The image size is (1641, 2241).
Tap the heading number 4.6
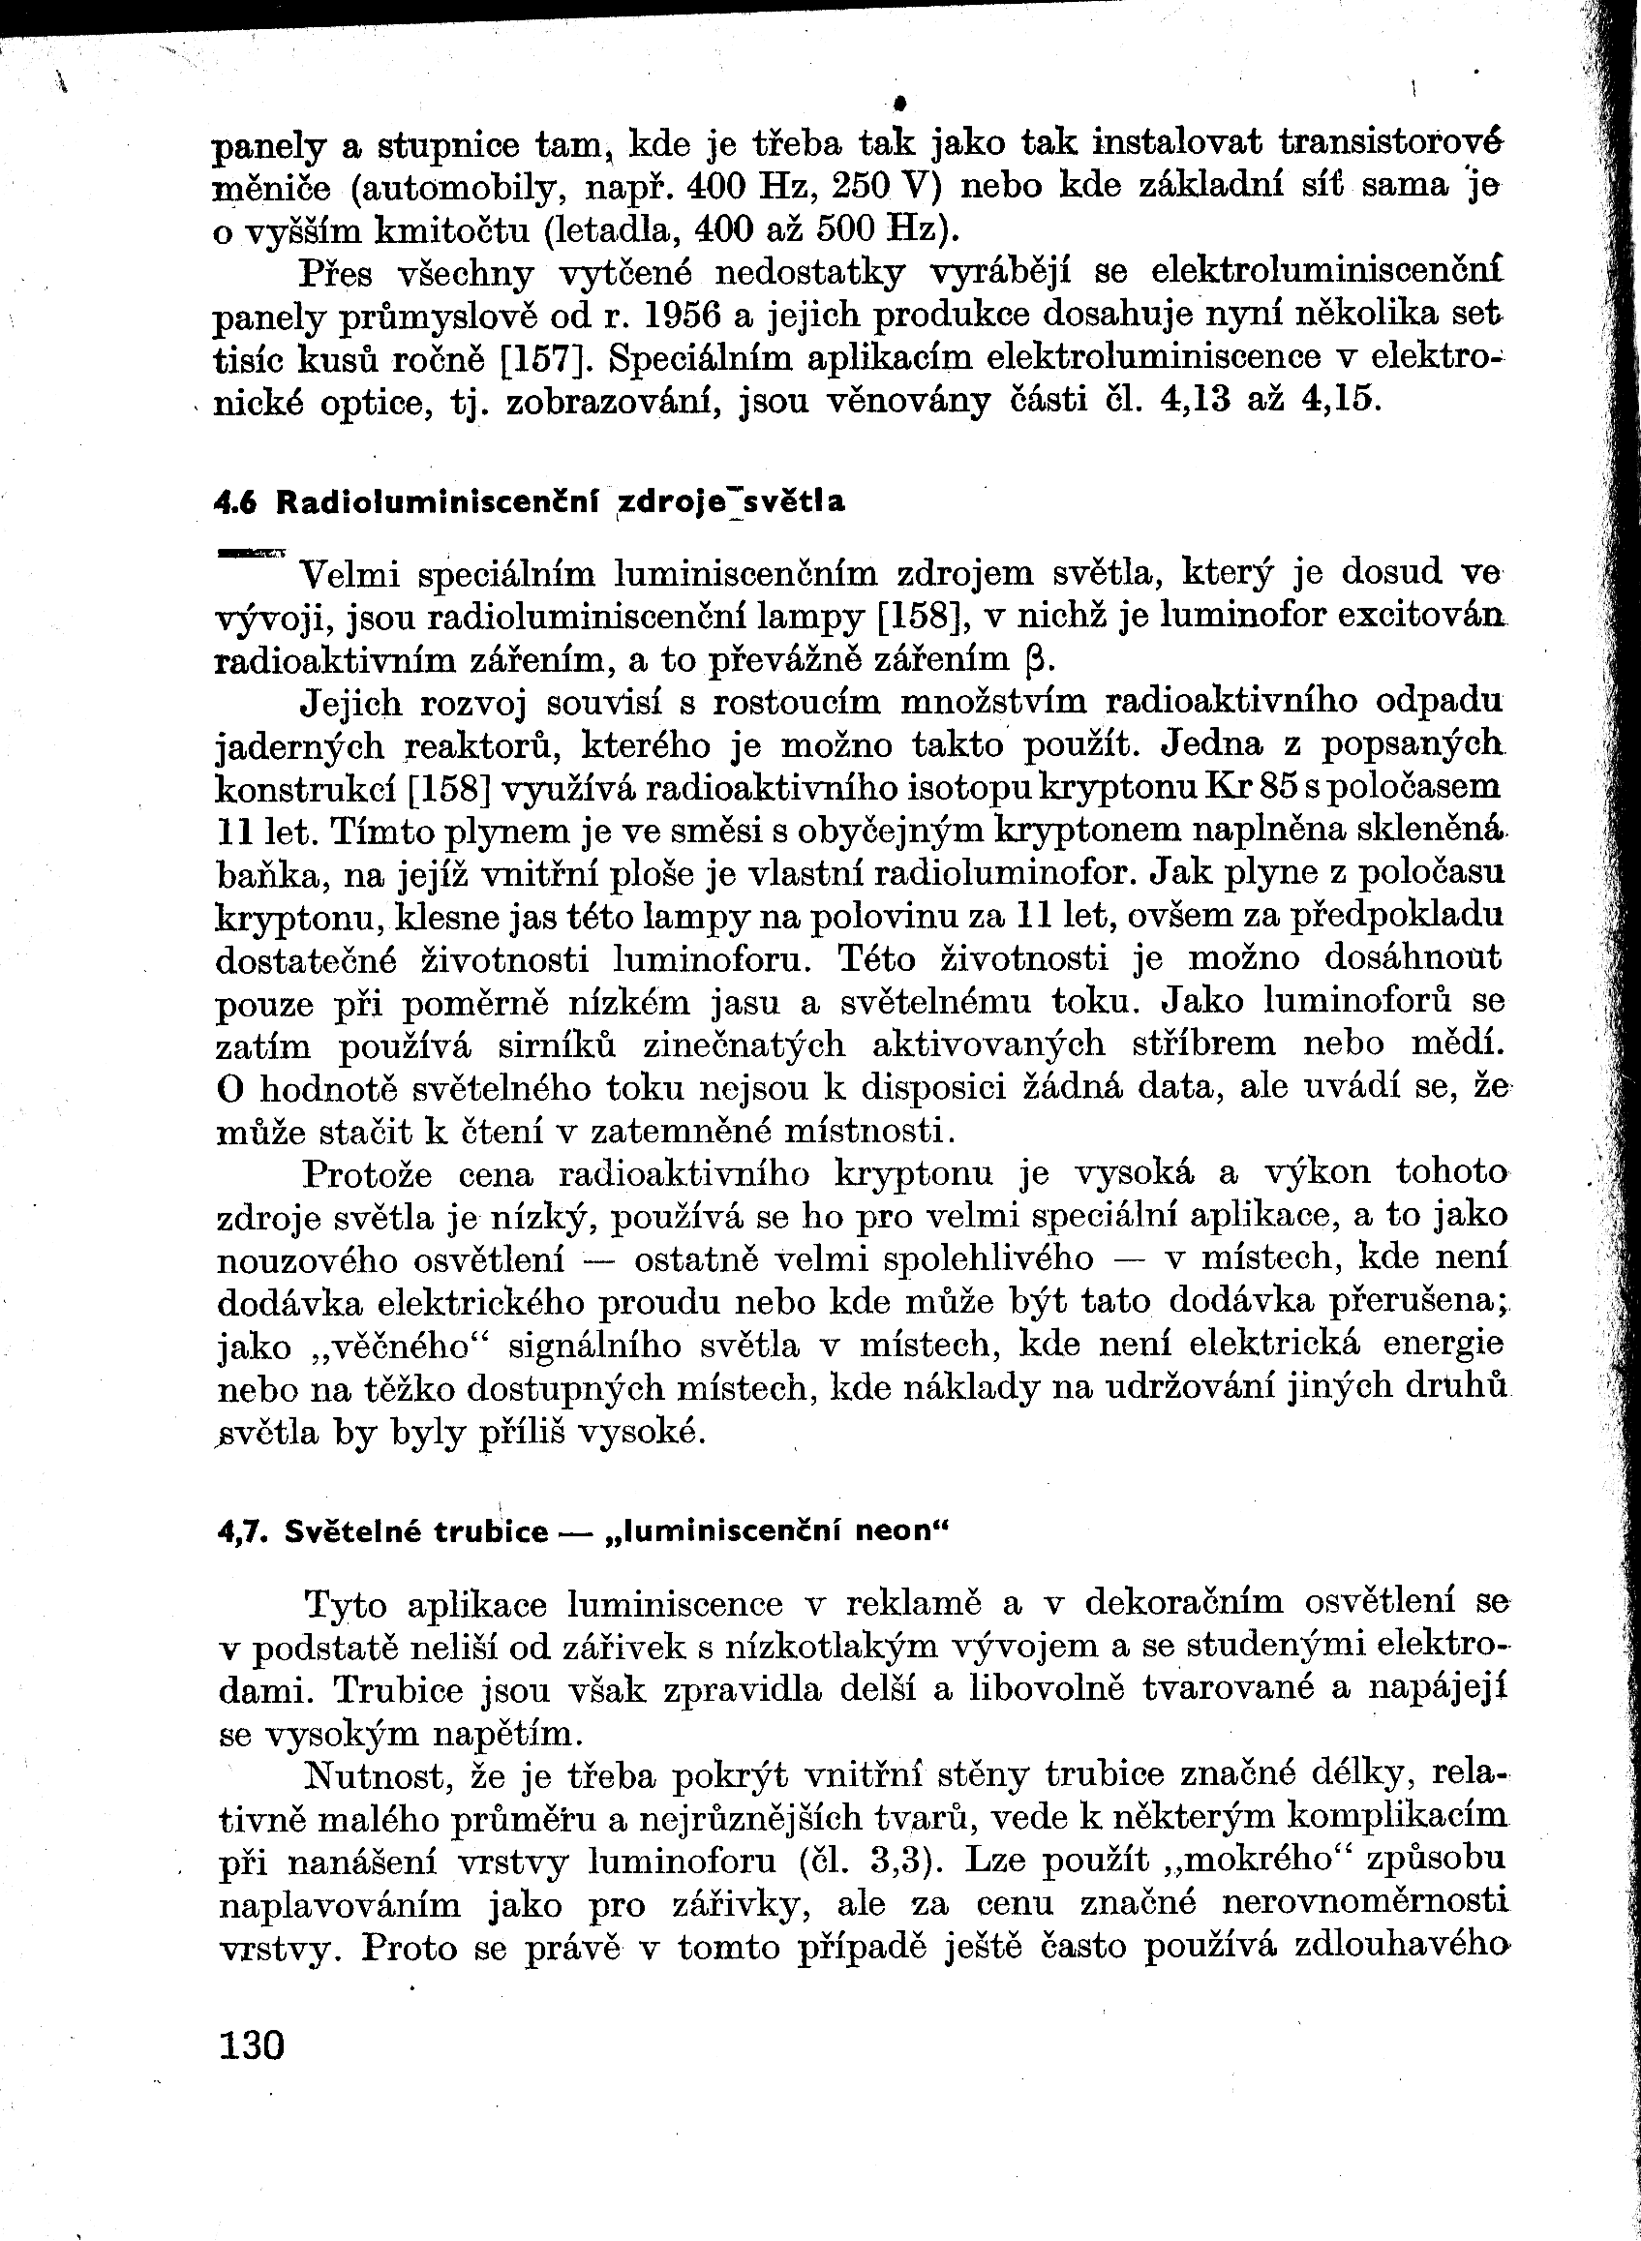pyautogui.click(x=236, y=502)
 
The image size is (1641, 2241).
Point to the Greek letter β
pyautogui.click(x=1032, y=661)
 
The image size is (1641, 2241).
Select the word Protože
pyautogui.click(x=368, y=1174)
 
